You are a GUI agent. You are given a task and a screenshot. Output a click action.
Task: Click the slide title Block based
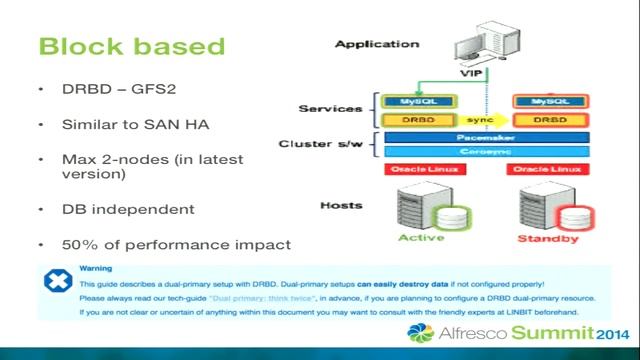point(130,46)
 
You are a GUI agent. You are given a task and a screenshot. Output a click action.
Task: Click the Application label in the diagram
point(377,44)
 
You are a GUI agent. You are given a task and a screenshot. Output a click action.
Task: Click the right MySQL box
point(550,102)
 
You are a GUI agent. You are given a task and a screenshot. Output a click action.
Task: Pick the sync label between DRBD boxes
point(484,120)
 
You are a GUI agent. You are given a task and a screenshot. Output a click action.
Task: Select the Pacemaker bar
point(484,137)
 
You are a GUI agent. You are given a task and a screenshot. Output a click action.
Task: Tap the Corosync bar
point(484,151)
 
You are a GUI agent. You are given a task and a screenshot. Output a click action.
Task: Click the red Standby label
point(548,239)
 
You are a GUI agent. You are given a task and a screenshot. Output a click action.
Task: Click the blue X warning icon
point(57,281)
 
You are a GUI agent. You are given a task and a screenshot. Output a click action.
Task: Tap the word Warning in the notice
point(96,268)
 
